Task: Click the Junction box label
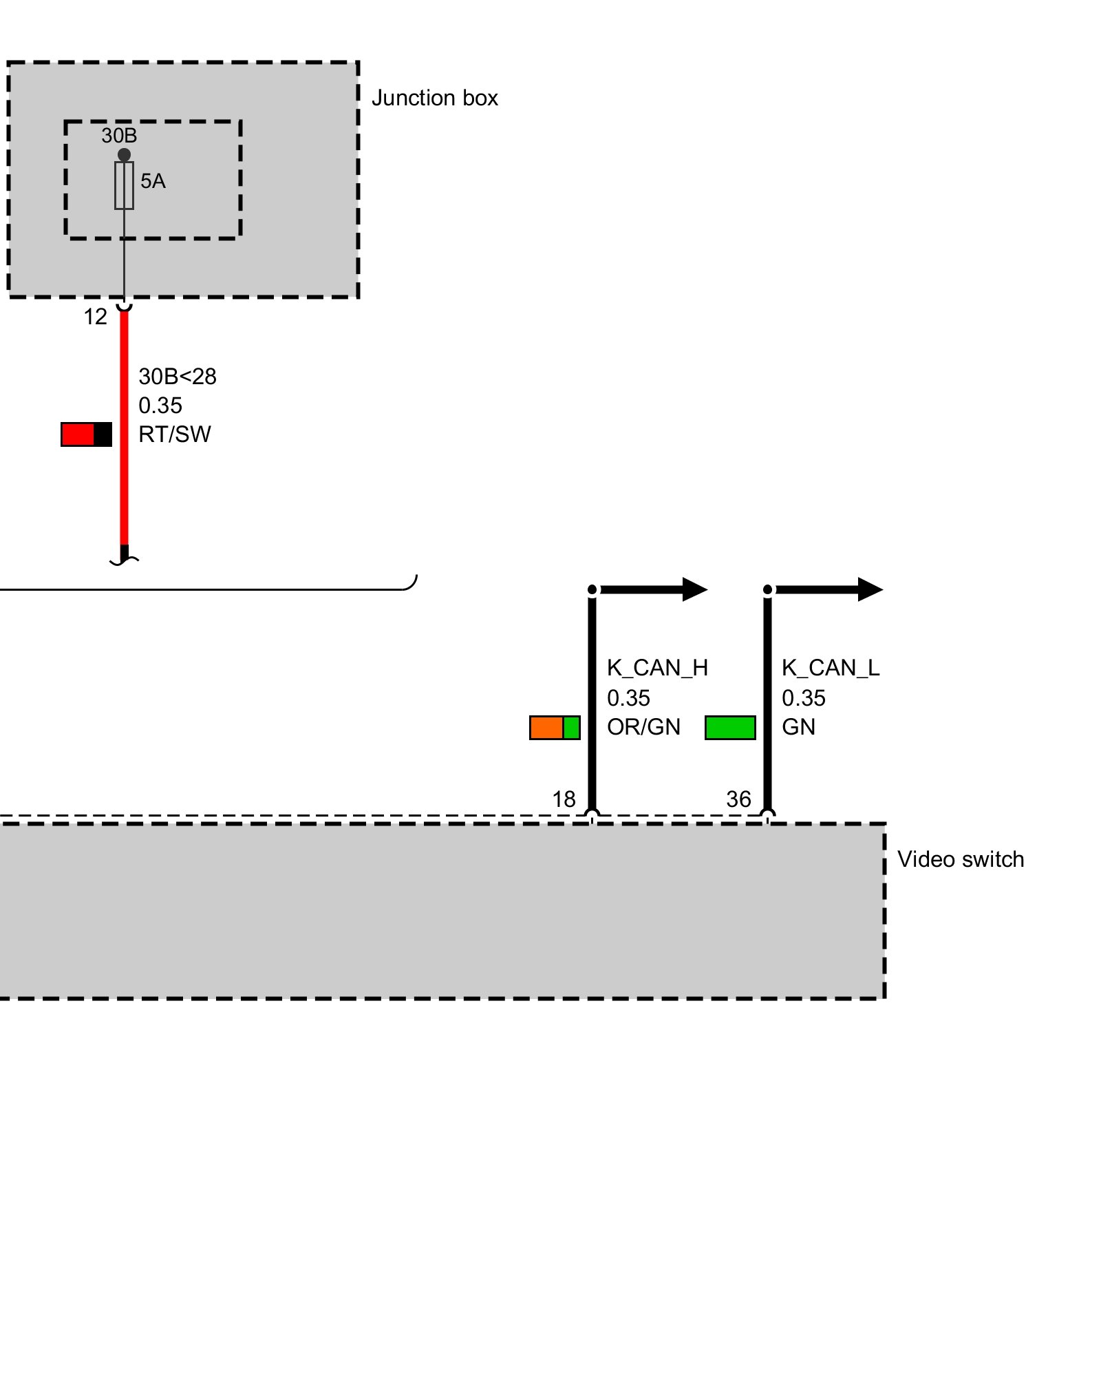[434, 98]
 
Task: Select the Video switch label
[960, 860]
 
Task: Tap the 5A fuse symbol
[124, 185]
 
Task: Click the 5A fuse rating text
[153, 181]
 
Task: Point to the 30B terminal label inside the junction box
[119, 136]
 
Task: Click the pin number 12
[95, 317]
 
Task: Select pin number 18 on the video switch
[564, 799]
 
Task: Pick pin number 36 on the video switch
[738, 799]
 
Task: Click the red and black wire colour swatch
[86, 434]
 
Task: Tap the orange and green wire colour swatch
[555, 728]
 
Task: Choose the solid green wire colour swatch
[730, 728]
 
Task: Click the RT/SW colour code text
[175, 434]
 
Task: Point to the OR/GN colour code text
[643, 727]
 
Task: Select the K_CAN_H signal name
[657, 668]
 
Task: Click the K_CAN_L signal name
[831, 668]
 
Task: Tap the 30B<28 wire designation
[178, 377]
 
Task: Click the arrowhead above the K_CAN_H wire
[694, 589]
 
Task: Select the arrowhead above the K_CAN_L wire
[870, 589]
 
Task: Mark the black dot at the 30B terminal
[124, 155]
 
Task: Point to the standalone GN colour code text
[798, 727]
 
